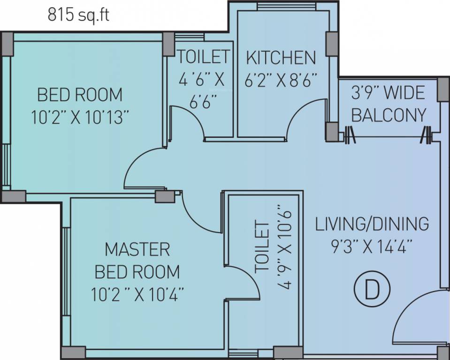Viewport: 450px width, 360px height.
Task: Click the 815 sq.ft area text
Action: [x=79, y=15]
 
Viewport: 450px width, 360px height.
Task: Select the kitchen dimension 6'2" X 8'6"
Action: [x=281, y=80]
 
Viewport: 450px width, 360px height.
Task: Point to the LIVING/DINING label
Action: [x=372, y=224]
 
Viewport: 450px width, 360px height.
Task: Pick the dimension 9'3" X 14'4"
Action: [x=372, y=247]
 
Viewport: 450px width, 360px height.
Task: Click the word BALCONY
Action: [x=389, y=115]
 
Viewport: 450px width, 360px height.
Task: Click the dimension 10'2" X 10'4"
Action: [x=137, y=294]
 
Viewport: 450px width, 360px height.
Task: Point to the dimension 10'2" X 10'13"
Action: [x=79, y=117]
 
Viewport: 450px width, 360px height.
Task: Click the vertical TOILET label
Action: [x=262, y=247]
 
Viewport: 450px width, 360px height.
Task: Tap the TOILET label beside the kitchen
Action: [x=204, y=56]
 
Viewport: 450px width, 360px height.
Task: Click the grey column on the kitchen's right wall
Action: [x=332, y=44]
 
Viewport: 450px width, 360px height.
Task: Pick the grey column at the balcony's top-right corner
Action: [x=443, y=89]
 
